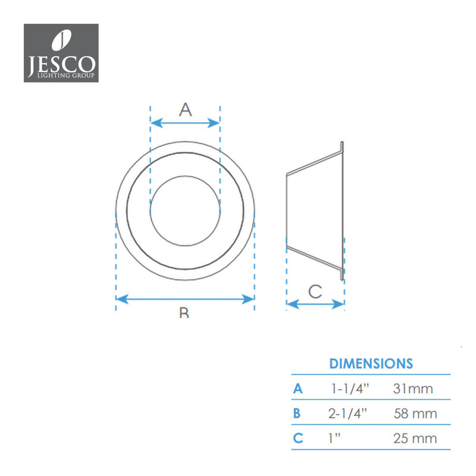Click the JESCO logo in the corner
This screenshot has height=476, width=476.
pos(61,53)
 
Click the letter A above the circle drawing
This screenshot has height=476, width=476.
pos(186,109)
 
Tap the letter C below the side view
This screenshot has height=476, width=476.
pos(315,292)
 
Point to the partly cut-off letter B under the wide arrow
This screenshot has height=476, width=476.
pos(184,312)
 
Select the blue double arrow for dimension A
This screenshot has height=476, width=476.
pos(185,123)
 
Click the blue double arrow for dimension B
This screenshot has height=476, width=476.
pos(185,299)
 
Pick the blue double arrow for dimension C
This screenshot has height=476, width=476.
pos(315,304)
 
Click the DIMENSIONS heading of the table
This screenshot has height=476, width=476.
pos(371,364)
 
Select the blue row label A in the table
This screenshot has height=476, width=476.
pos(298,389)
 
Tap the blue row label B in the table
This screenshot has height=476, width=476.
pos(297,414)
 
